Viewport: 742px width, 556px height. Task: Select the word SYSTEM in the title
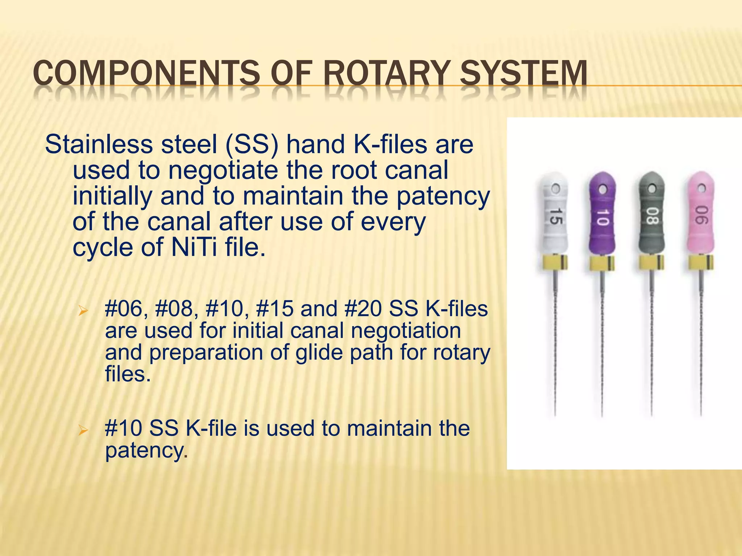click(523, 74)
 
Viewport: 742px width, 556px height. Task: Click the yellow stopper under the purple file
click(602, 264)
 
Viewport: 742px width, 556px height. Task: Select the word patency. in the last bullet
click(146, 451)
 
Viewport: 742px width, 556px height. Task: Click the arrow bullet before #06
click(83, 311)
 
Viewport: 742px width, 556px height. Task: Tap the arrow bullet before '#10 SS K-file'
click(83, 430)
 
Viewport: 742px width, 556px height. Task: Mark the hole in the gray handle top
click(652, 188)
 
